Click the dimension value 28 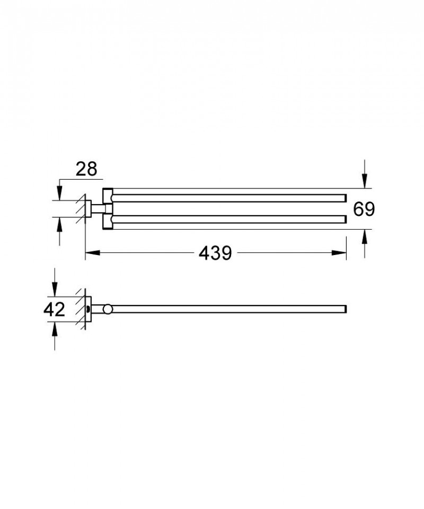pyautogui.click(x=85, y=169)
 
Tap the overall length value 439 pyautogui.click(x=216, y=254)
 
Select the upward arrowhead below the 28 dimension pyautogui.click(x=59, y=223)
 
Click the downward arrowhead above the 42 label pyautogui.click(x=55, y=289)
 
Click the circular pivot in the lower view pyautogui.click(x=108, y=309)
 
